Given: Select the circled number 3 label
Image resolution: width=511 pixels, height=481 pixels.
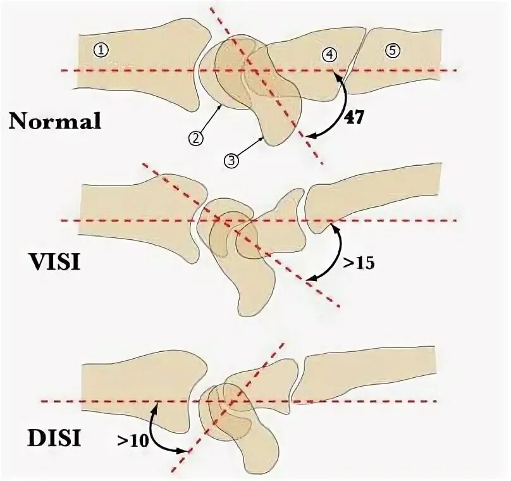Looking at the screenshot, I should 231,160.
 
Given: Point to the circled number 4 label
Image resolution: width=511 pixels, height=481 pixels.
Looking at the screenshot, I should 328,54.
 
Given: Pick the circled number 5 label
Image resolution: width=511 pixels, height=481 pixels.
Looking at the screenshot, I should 392,51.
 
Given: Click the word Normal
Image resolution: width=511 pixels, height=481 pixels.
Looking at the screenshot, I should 55,121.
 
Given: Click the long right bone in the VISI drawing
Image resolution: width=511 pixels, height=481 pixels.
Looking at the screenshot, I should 379,196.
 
